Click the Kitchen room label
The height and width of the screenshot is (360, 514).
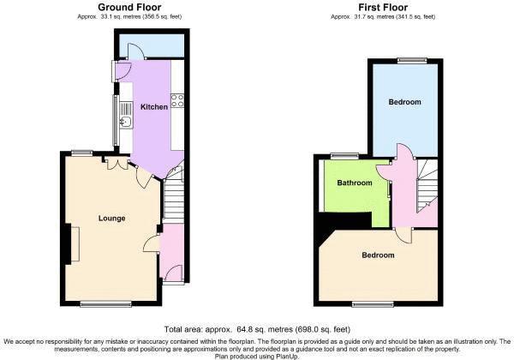tap(154, 107)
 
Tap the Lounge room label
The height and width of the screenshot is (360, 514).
tap(111, 219)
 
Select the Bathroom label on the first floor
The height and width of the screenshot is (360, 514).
tap(355, 183)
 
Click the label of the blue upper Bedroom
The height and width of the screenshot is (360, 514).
tap(405, 102)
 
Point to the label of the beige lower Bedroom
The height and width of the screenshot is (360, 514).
tap(378, 255)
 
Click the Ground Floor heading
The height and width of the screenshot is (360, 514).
tap(129, 7)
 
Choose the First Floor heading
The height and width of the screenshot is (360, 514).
tap(383, 7)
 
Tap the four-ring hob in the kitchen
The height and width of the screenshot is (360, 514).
tap(177, 100)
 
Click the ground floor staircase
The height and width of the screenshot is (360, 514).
tap(174, 194)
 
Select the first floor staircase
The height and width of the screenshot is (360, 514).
tap(427, 185)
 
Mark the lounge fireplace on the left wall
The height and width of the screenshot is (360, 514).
tap(73, 244)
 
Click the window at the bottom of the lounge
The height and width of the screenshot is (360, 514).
tap(106, 304)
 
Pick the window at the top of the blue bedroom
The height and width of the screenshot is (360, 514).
tap(413, 60)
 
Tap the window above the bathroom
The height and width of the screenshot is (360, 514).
tap(345, 156)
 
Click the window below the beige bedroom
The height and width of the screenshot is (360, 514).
tap(374, 304)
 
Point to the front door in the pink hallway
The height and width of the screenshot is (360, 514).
tap(173, 273)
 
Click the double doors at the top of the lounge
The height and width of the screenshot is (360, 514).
tap(117, 163)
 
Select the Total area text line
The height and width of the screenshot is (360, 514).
tap(257, 329)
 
